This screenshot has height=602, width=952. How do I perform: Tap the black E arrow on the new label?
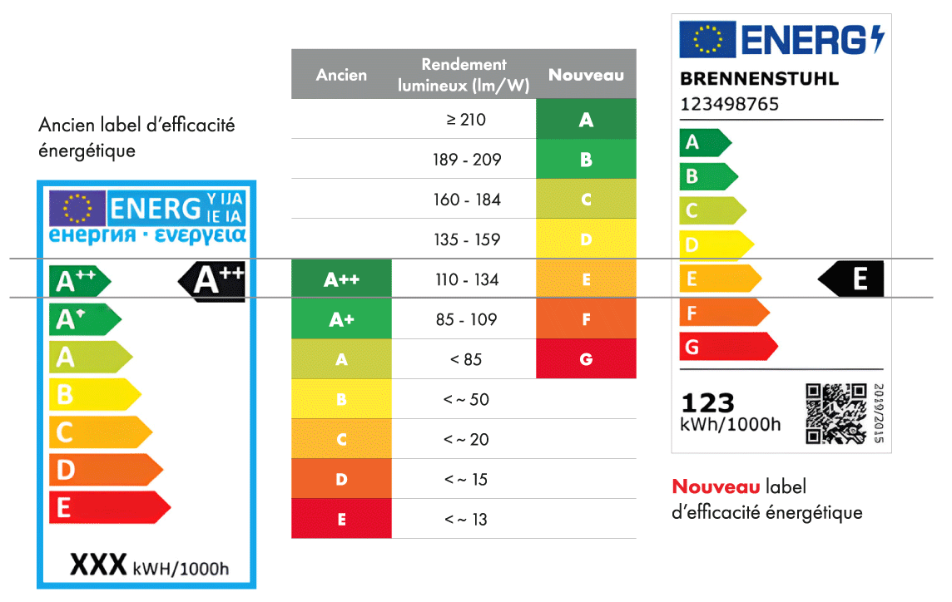pos(853,279)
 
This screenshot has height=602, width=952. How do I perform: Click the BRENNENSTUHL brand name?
pos(759,80)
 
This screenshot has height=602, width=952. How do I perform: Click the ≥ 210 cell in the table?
pos(466,120)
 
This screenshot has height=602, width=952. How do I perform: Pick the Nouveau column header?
pos(586,75)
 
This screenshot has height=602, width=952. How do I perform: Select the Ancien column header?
pos(341,75)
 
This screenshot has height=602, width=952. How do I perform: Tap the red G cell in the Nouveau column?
pos(586,359)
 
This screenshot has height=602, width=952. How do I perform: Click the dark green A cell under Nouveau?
pos(586,120)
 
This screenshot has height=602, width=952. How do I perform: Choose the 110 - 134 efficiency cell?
pos(466,279)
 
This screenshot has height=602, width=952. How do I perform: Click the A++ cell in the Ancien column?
pos(341,279)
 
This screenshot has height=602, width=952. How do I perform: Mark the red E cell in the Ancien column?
pos(341,520)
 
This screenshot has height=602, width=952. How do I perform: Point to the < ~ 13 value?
pos(466,520)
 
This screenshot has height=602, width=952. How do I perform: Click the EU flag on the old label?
pos(77,208)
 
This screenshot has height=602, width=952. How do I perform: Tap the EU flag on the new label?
pos(707,40)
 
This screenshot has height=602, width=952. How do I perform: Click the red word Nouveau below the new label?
pos(716,487)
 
